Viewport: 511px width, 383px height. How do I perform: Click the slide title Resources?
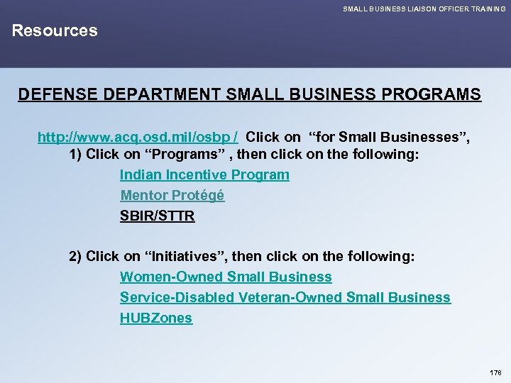point(55,30)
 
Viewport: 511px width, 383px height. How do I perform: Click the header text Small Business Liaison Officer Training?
point(424,9)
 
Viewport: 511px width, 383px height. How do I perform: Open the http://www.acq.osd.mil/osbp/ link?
point(138,137)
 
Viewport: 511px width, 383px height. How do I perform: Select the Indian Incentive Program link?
point(204,174)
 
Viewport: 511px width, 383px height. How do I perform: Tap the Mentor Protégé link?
point(172,195)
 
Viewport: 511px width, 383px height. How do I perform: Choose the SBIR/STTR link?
point(157,216)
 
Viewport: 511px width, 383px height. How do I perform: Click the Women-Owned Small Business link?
point(226,277)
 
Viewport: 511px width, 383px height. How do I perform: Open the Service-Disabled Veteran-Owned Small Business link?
point(285,297)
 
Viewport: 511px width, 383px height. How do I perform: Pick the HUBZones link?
point(155,318)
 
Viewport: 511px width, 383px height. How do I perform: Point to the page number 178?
point(495,372)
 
